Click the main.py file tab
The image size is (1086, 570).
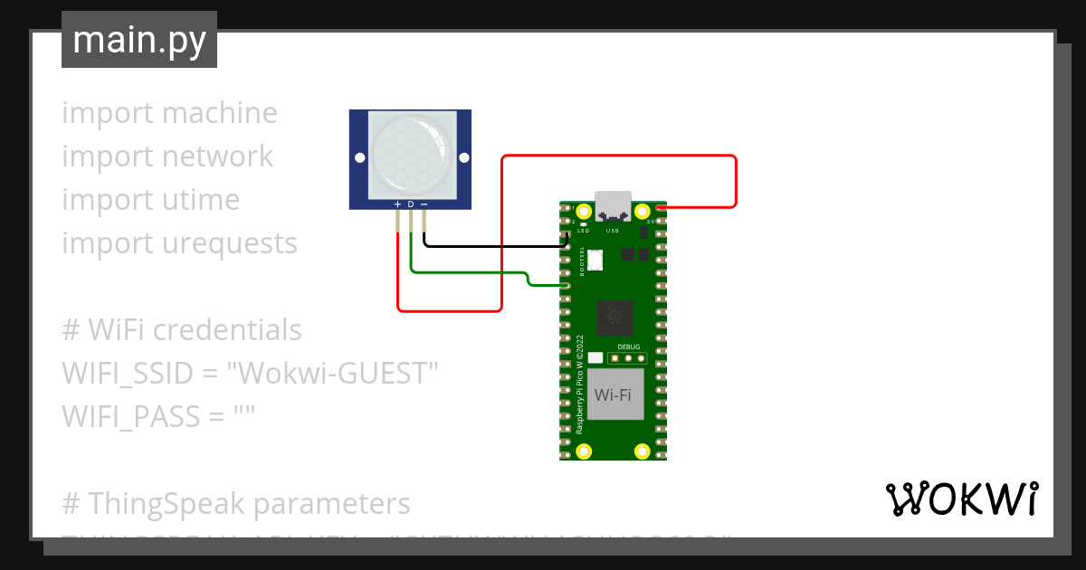(x=138, y=40)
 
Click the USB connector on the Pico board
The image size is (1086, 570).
(x=614, y=207)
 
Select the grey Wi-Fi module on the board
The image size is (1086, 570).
(x=615, y=394)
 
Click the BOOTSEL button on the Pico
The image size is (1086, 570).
(x=595, y=261)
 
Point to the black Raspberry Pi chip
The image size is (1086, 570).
(x=615, y=317)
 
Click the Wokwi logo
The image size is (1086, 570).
(x=960, y=499)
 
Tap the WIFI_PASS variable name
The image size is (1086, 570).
(x=129, y=416)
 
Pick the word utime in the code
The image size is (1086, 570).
(x=201, y=199)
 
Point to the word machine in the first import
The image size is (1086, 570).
(x=220, y=113)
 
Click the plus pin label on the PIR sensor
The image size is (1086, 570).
(x=397, y=204)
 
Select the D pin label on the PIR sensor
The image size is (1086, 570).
(x=411, y=204)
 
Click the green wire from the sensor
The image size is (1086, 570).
(x=471, y=271)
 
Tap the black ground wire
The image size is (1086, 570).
(x=493, y=245)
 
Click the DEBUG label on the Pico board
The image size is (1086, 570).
(x=629, y=347)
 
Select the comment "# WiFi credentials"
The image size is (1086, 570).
(x=182, y=329)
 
